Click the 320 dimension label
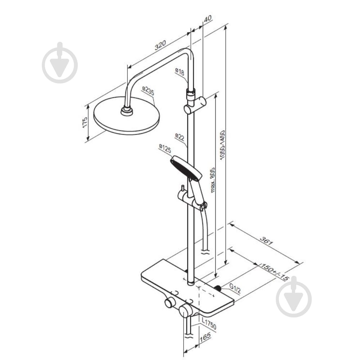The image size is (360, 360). [160, 45]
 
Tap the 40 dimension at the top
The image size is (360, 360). [208, 18]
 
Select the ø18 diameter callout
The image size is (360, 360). [180, 72]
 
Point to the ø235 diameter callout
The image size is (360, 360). [148, 91]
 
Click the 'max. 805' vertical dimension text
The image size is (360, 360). [212, 180]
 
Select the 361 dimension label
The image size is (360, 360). [266, 241]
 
